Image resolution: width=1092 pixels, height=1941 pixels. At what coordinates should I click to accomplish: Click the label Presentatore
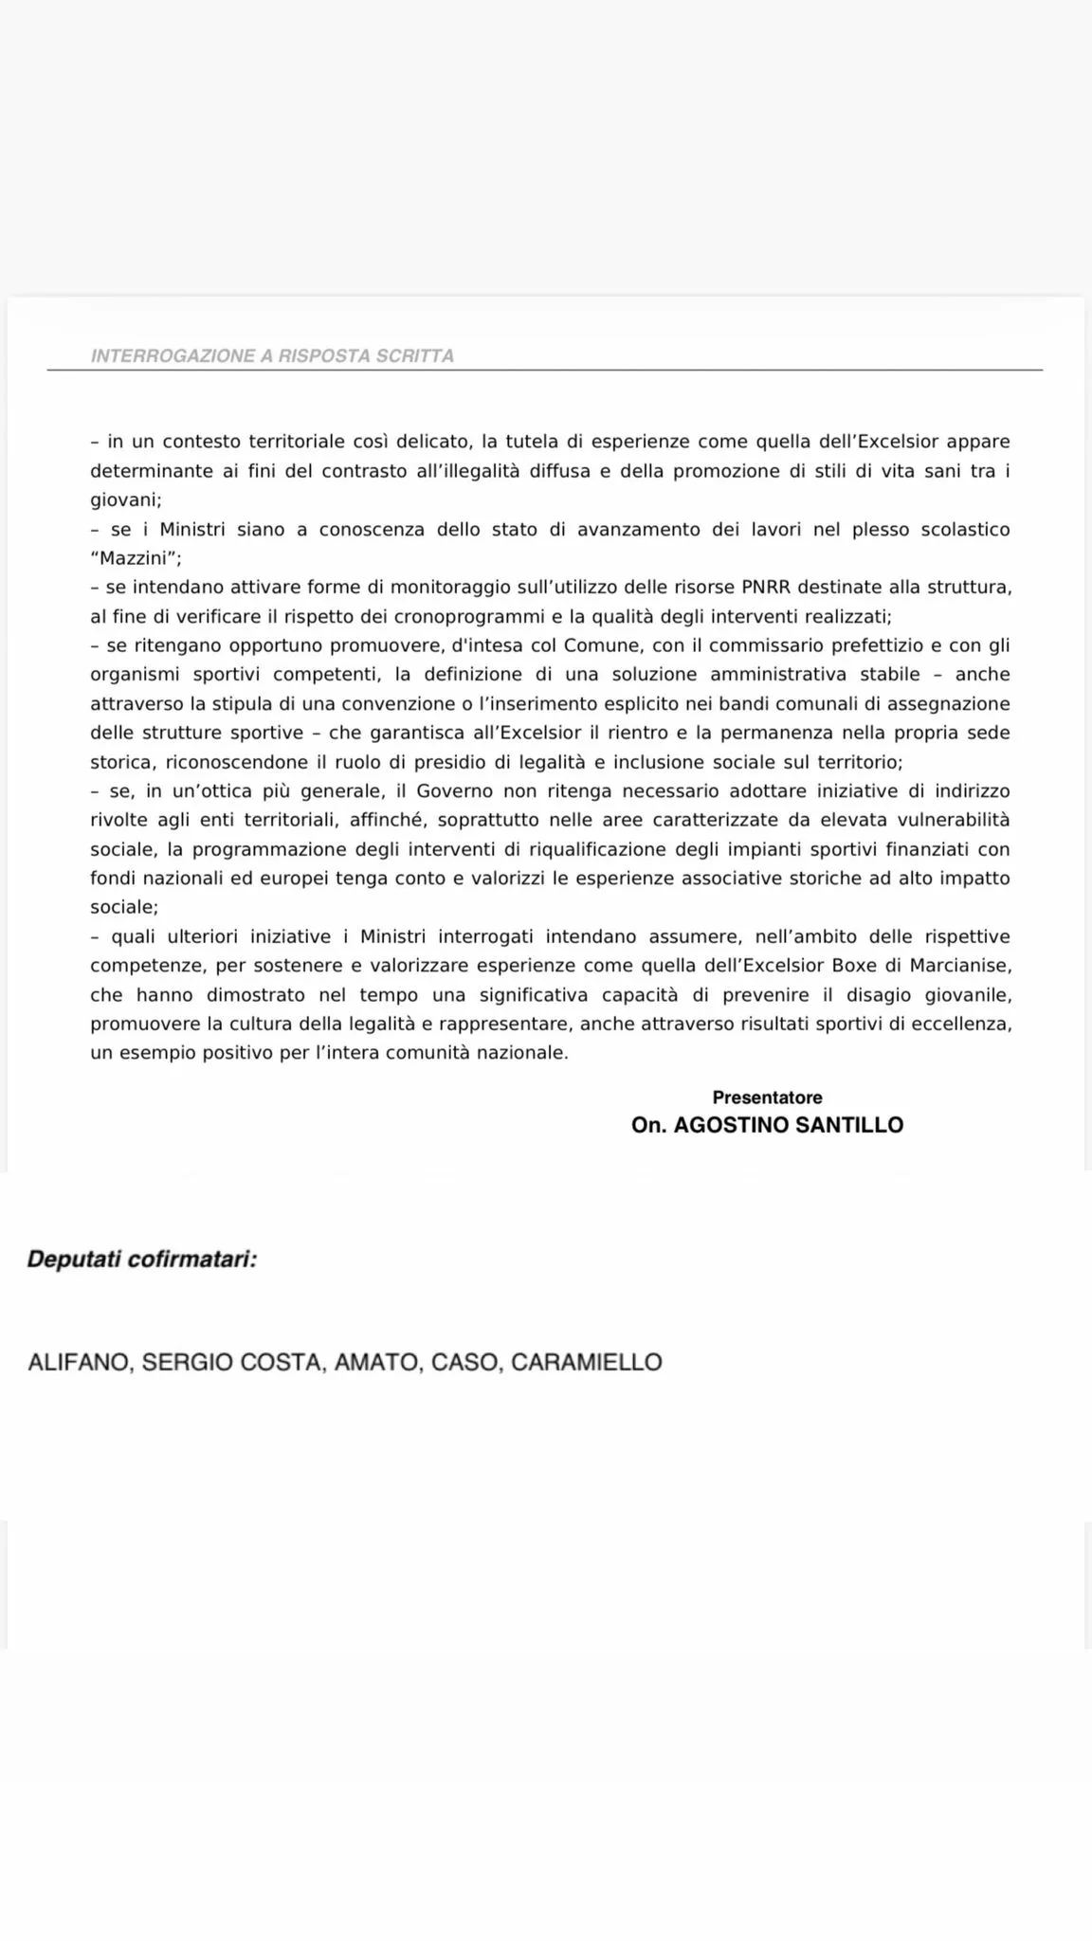[x=767, y=1097]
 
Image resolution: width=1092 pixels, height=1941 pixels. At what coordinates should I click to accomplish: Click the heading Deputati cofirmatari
[x=142, y=1261]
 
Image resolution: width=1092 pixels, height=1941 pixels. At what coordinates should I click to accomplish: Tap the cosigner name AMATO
[x=376, y=1363]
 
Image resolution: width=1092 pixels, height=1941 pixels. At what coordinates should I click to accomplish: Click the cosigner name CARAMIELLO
[x=586, y=1363]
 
